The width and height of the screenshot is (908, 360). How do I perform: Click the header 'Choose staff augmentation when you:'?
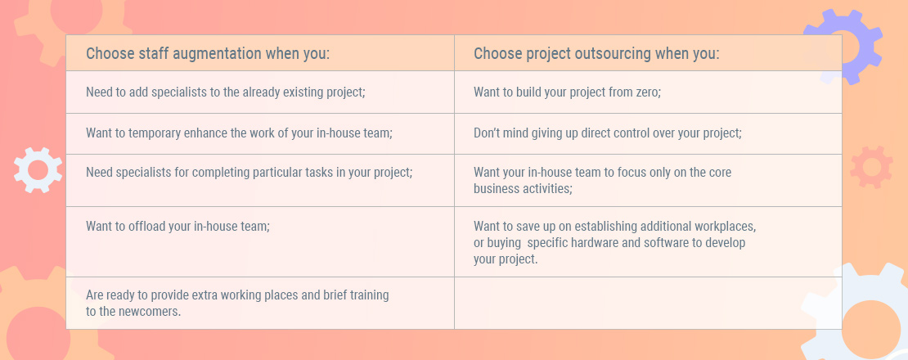pyautogui.click(x=208, y=54)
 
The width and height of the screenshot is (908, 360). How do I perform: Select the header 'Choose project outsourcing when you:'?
pyautogui.click(x=596, y=54)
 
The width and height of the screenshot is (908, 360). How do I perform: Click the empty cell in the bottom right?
pyautogui.click(x=648, y=303)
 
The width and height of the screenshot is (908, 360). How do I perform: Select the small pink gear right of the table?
pyautogui.click(x=871, y=167)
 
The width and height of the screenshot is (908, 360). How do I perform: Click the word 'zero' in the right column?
pyautogui.click(x=647, y=92)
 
